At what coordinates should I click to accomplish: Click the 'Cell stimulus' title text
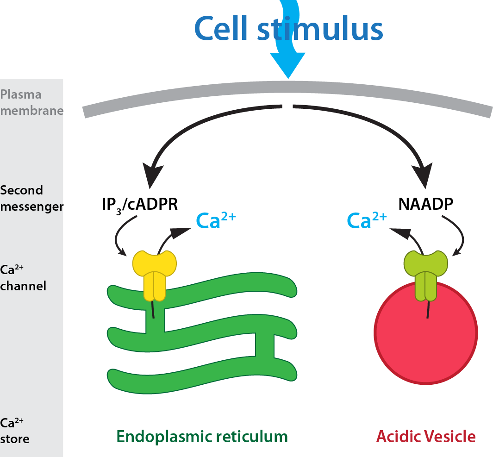[x=288, y=29]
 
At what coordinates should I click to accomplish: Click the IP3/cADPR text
[x=138, y=204]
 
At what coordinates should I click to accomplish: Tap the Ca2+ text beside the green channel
[x=366, y=221]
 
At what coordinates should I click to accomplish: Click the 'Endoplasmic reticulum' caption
[x=202, y=436]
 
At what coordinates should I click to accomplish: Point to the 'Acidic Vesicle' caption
[x=425, y=436]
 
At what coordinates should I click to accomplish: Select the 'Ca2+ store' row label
[x=15, y=431]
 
